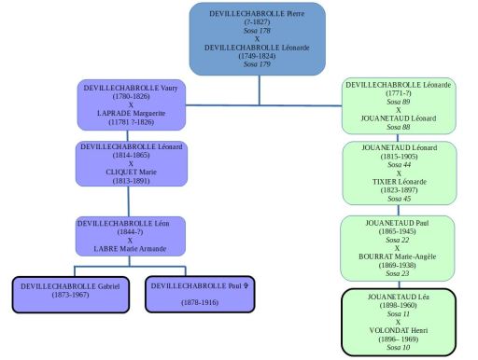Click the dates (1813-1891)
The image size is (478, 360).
point(131,180)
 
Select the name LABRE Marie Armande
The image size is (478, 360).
point(131,248)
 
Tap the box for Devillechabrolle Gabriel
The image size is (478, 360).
point(70,294)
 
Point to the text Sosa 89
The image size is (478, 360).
point(399,101)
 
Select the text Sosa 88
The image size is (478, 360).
point(399,126)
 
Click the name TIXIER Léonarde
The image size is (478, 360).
point(399,182)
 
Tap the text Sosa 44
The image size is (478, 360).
point(399,163)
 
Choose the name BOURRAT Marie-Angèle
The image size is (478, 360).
point(399,256)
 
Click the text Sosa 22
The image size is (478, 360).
point(399,239)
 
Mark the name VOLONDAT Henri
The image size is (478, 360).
point(399,331)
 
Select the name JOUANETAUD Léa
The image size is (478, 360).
point(399,296)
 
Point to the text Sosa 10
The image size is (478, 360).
point(399,348)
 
